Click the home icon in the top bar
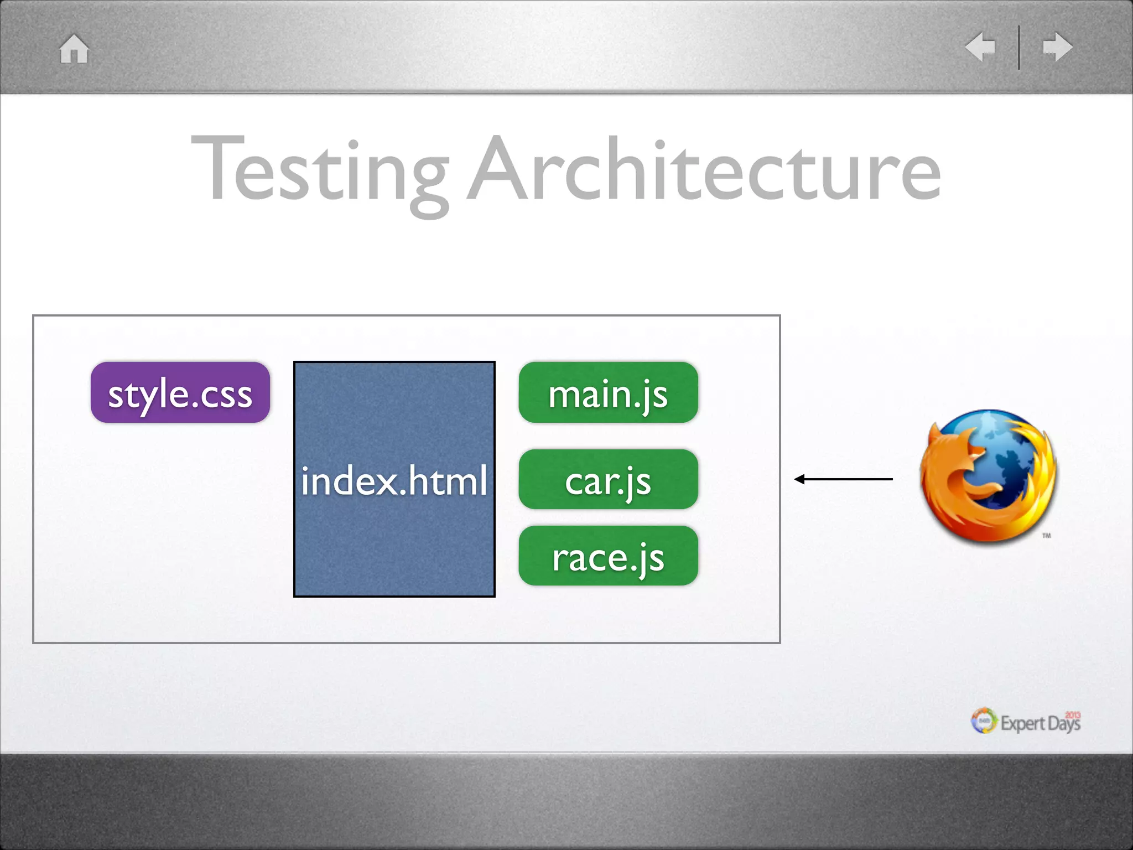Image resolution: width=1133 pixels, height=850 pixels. click(74, 49)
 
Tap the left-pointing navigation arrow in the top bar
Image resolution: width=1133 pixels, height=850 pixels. click(981, 47)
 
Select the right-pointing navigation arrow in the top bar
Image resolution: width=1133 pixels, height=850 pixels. click(1057, 47)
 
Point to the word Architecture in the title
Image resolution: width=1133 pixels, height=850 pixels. click(704, 169)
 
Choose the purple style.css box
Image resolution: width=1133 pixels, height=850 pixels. click(180, 393)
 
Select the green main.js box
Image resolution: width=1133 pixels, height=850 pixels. click(608, 393)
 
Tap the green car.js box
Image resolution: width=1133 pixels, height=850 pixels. click(608, 480)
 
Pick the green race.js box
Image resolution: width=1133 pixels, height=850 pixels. click(608, 556)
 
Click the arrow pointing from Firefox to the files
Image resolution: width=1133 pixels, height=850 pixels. click(843, 479)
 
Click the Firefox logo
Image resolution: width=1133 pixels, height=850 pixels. click(988, 477)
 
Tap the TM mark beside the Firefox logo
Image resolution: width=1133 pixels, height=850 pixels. click(1047, 536)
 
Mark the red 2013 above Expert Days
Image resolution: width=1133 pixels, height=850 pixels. click(1073, 715)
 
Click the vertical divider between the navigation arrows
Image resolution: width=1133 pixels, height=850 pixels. click(1019, 48)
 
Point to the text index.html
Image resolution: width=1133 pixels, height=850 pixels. click(394, 480)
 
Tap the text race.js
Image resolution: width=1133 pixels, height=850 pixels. click(608, 558)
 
